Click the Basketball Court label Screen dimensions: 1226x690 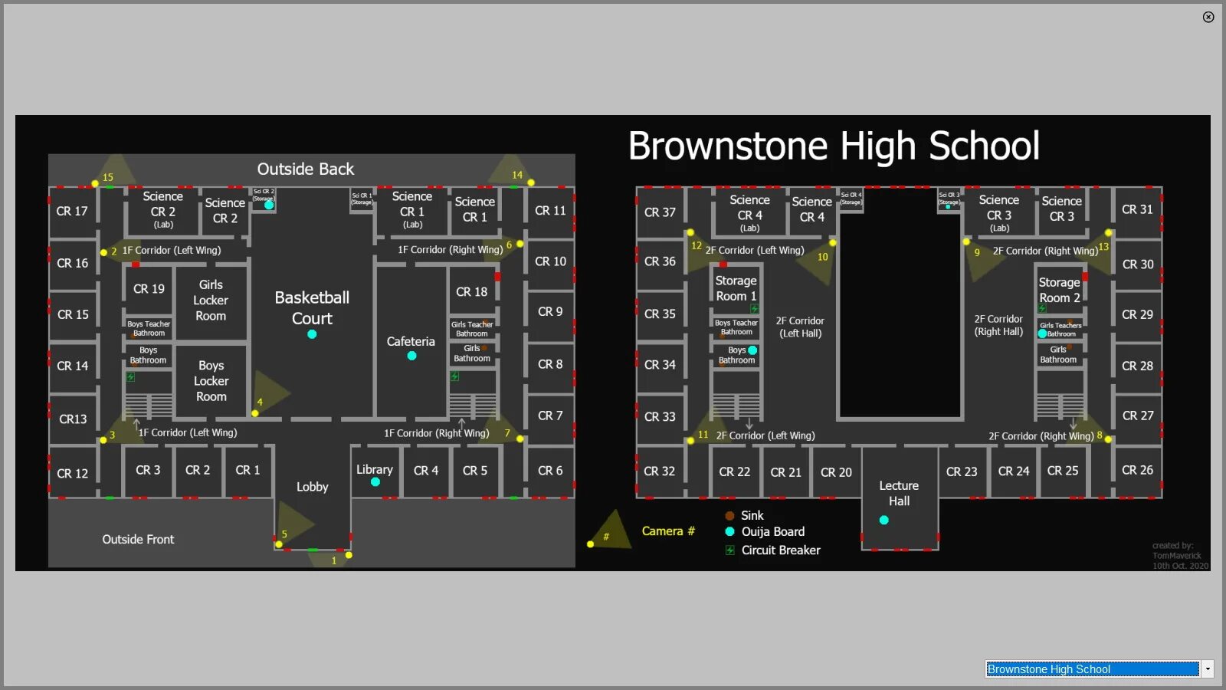pyautogui.click(x=312, y=307)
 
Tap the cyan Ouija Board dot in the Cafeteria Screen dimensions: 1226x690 pyautogui.click(x=411, y=356)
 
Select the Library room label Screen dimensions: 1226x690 pyautogui.click(x=374, y=469)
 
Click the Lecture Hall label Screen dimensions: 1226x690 pyautogui.click(x=899, y=493)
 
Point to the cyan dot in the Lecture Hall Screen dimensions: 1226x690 pyautogui.click(x=883, y=520)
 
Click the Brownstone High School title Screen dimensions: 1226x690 pyautogui.click(x=834, y=146)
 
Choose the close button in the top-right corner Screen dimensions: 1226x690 pyautogui.click(x=1208, y=17)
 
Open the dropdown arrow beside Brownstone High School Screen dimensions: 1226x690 pyautogui.click(x=1208, y=669)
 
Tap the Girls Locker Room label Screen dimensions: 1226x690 pyautogui.click(x=211, y=301)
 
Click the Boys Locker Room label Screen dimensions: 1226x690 pyautogui.click(x=211, y=381)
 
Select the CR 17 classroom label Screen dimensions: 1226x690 pyautogui.click(x=72, y=211)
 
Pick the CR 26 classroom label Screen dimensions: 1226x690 pyautogui.click(x=1137, y=470)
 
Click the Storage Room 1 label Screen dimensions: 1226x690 pyautogui.click(x=736, y=288)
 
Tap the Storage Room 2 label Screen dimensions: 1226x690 pyautogui.click(x=1059, y=290)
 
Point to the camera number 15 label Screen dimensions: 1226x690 pyautogui.click(x=108, y=177)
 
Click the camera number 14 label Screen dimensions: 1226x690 pyautogui.click(x=517, y=175)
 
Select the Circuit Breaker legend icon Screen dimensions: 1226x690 pyautogui.click(x=730, y=550)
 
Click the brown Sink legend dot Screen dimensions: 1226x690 pyautogui.click(x=729, y=516)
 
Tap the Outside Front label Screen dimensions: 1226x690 pyautogui.click(x=138, y=539)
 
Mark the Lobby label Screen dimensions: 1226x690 pyautogui.click(x=312, y=487)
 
